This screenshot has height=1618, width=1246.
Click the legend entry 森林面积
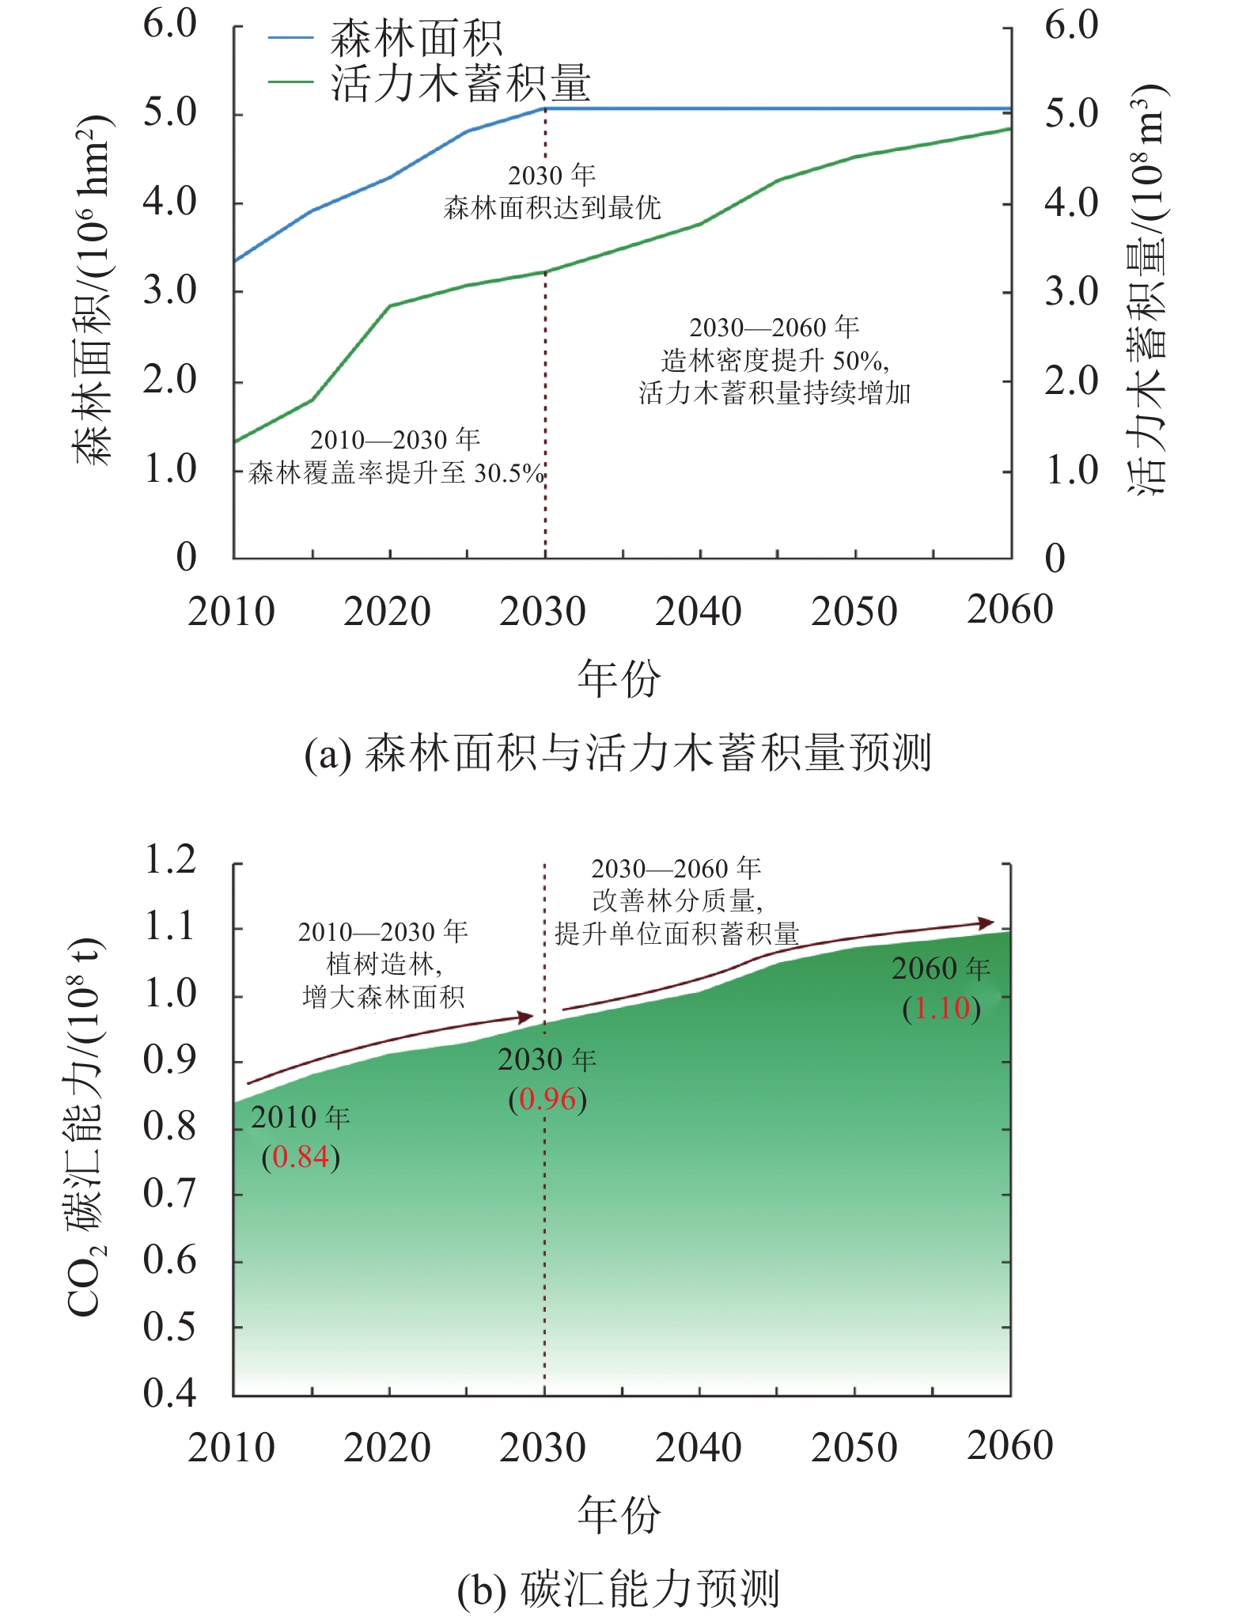click(416, 38)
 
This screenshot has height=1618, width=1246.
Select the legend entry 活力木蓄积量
click(460, 83)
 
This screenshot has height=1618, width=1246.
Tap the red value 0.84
click(301, 1158)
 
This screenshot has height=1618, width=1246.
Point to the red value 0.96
click(547, 1099)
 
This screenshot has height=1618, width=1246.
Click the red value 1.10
click(942, 1008)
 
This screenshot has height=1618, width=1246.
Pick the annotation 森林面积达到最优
click(552, 208)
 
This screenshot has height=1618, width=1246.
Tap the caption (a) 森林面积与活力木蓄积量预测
click(618, 752)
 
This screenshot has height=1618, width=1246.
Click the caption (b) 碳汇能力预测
click(618, 1588)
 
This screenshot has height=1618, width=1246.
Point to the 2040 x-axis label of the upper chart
click(699, 611)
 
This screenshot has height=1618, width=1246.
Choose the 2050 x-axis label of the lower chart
click(854, 1447)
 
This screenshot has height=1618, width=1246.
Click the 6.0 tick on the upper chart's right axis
click(1071, 25)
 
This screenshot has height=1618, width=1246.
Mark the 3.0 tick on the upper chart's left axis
click(169, 291)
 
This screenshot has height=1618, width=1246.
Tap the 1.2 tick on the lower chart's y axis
click(169, 860)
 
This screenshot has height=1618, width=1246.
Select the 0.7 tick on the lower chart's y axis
click(169, 1194)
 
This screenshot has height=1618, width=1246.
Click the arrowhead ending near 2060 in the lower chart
click(987, 923)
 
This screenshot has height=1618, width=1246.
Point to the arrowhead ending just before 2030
click(525, 1017)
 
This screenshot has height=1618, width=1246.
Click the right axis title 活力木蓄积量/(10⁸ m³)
click(1147, 289)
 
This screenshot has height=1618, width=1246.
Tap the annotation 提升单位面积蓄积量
click(677, 934)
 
